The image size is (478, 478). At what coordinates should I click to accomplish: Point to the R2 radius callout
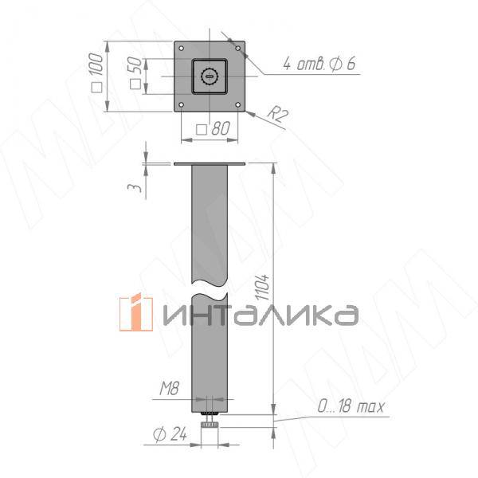(x=276, y=115)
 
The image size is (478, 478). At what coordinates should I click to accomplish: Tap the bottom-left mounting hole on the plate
(x=182, y=104)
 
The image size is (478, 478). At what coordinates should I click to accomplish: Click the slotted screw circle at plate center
(x=210, y=76)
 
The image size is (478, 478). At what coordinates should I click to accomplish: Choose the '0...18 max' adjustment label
(x=350, y=408)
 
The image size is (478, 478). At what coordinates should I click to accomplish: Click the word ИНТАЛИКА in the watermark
(x=259, y=315)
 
